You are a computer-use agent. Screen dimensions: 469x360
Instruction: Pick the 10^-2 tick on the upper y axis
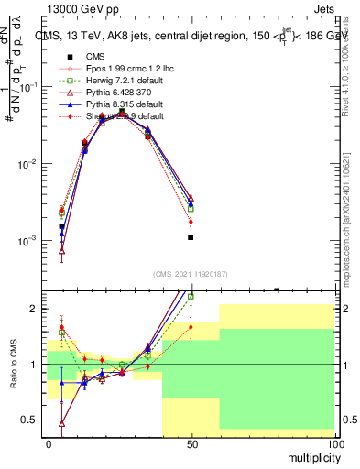pos(31,164)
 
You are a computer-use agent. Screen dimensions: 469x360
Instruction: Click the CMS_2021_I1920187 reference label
pos(190,274)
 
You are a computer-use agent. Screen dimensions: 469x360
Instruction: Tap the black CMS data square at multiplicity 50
pos(191,237)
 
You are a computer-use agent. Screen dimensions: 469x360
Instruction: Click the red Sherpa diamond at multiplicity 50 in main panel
pos(191,222)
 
